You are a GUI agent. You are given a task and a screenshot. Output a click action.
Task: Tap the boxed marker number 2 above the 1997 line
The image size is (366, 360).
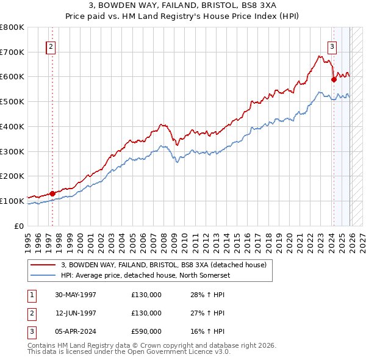point(51,46)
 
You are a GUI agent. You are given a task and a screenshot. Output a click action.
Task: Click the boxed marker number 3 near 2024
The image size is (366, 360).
point(332,46)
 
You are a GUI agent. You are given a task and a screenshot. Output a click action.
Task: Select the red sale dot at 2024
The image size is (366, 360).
point(334,79)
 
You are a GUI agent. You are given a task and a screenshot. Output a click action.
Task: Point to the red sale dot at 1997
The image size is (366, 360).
point(52,193)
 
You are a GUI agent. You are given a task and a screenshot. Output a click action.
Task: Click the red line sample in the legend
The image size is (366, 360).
point(43,265)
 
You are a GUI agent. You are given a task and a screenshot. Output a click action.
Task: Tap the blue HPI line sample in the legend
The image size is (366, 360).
point(43,275)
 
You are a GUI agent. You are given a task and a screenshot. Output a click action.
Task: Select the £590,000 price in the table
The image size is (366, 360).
point(146,331)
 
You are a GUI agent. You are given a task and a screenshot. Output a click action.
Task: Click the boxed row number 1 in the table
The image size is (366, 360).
point(30,295)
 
